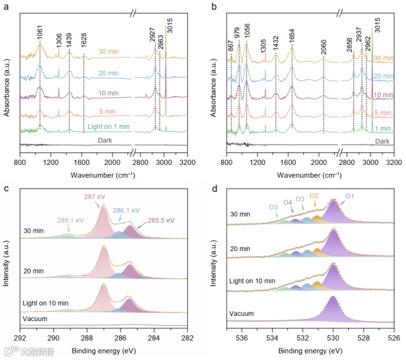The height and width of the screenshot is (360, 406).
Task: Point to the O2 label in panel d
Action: coord(314,196)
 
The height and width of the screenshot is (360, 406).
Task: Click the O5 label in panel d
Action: coord(273,207)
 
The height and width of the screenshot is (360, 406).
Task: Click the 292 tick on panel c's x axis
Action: coord(20,338)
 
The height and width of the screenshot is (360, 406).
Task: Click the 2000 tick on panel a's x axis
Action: coord(111,161)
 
